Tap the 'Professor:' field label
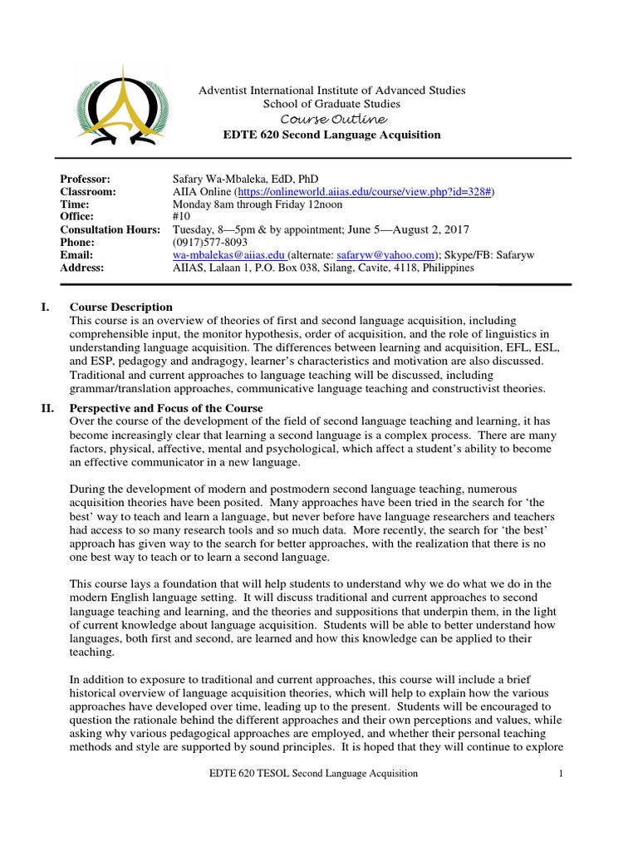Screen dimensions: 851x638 [x=85, y=179]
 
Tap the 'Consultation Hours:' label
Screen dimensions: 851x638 [x=110, y=229]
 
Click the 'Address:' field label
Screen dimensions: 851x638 [x=82, y=267]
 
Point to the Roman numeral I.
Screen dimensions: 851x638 [x=45, y=307]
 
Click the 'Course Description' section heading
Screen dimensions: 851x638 [x=120, y=307]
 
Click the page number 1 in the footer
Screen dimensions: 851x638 [x=561, y=774]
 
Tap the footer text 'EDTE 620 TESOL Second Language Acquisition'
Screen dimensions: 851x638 [x=312, y=774]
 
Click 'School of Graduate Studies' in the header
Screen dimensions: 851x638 [x=331, y=104]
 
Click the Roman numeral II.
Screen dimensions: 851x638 [x=47, y=408]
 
